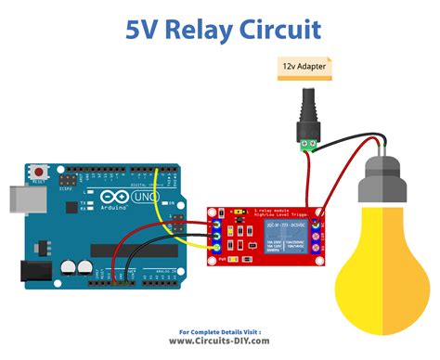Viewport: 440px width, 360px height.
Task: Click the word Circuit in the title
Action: [278, 29]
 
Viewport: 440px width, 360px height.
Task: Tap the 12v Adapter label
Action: [303, 66]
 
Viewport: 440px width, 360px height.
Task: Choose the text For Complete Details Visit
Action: [220, 329]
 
